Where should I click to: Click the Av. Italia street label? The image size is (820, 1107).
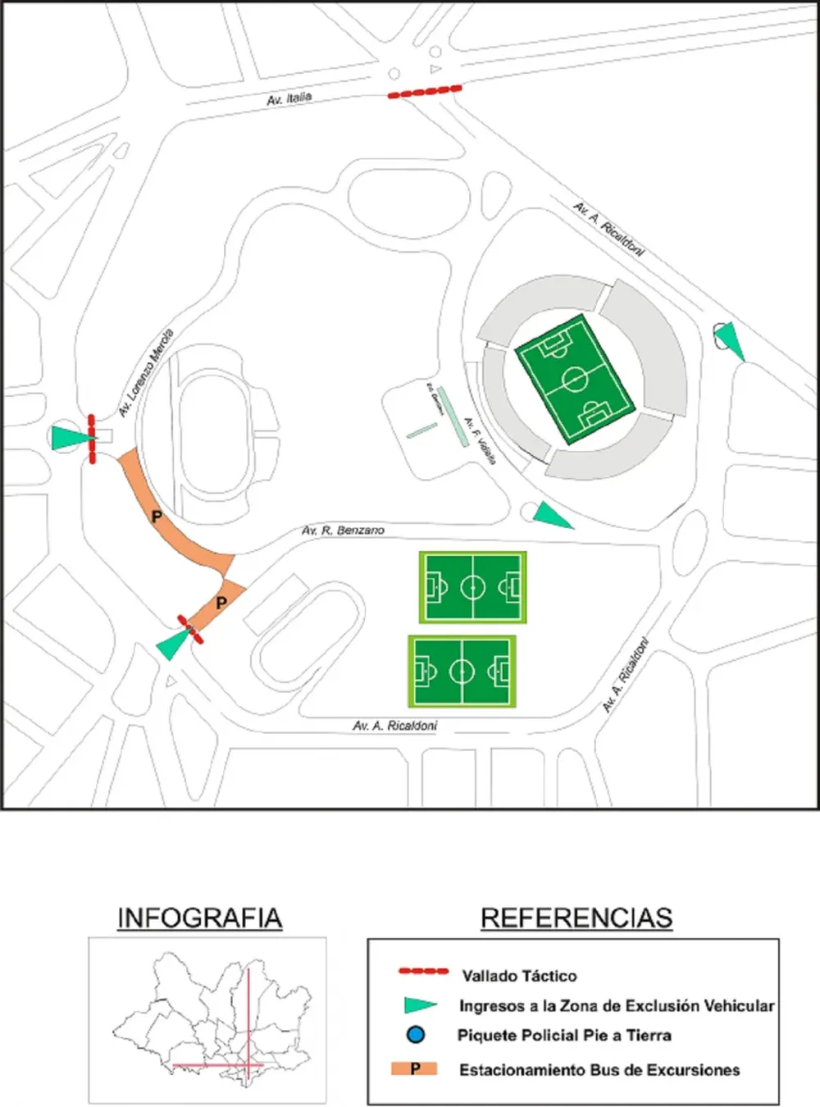click(289, 98)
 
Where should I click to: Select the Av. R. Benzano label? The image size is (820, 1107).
click(343, 531)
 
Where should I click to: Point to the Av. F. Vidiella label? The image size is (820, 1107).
click(481, 441)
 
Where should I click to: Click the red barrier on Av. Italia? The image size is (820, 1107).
click(425, 92)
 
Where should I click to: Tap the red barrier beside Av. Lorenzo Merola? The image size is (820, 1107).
click(93, 439)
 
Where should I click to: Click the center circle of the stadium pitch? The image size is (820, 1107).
click(575, 379)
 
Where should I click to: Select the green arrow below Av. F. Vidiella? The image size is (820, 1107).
click(550, 516)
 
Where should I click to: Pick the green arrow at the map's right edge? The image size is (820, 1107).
click(731, 340)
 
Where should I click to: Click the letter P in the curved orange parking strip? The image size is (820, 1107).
click(157, 517)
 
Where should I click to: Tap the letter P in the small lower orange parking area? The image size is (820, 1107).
click(221, 603)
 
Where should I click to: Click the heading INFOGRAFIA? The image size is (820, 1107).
click(199, 918)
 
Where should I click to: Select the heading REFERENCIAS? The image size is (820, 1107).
click(576, 918)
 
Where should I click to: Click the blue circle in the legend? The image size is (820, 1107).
click(416, 1035)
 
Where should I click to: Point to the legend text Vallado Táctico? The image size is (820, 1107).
click(519, 976)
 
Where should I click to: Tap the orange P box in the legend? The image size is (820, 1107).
click(414, 1068)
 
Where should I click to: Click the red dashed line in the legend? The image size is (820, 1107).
click(423, 972)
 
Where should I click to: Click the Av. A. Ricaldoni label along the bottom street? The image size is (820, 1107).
click(395, 726)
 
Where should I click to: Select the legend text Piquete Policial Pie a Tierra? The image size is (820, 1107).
click(564, 1035)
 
